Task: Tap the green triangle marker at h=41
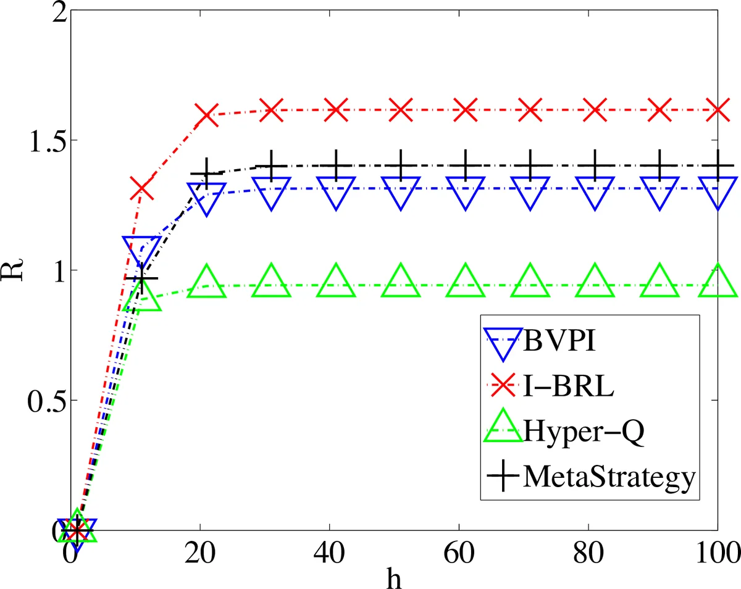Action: pyautogui.click(x=336, y=282)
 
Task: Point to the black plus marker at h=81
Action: pyautogui.click(x=595, y=165)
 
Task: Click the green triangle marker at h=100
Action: pyautogui.click(x=718, y=282)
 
